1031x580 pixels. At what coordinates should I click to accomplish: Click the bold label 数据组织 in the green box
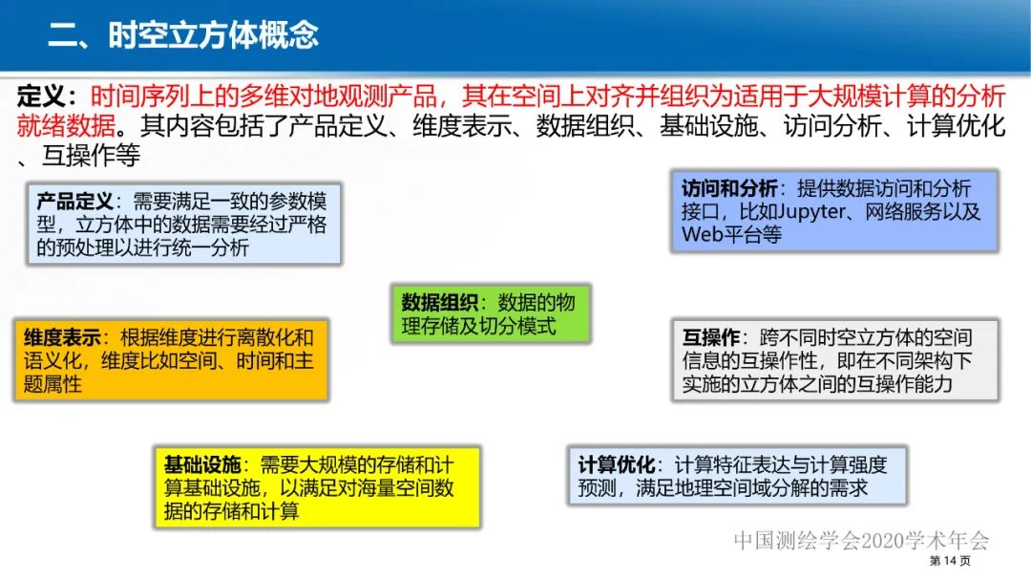tap(439, 302)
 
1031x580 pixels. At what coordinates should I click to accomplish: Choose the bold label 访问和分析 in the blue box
tap(730, 188)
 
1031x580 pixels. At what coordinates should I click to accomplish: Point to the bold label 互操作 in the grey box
tap(711, 337)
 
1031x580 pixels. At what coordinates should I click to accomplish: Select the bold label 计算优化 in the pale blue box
tap(616, 464)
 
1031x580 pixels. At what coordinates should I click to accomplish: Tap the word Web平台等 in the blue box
tap(731, 234)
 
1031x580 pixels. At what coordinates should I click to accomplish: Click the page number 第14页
tap(950, 560)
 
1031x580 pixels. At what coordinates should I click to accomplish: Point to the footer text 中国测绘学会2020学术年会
tap(861, 540)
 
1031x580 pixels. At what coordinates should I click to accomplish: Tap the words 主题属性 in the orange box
tap(53, 384)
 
